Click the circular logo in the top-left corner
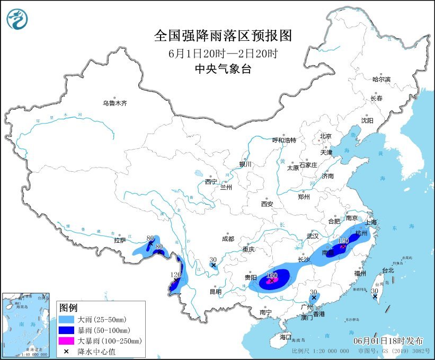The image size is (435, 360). [18, 19]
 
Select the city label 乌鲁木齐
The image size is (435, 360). [115, 103]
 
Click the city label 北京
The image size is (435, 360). [325, 136]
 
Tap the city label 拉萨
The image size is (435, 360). [120, 240]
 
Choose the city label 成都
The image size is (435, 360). [228, 239]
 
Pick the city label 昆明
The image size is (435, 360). [215, 292]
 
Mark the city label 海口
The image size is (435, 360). [286, 337]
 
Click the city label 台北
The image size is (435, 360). [387, 270]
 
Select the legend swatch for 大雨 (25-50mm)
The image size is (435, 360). [67, 319]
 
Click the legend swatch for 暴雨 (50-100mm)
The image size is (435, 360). [67, 330]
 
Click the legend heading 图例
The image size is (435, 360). [68, 308]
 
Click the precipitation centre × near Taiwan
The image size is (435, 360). [375, 297]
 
